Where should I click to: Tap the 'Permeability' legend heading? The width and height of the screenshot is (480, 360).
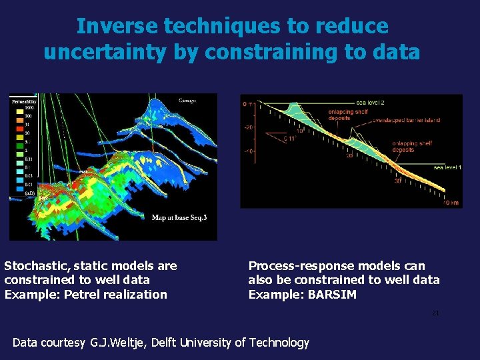[x=22, y=101]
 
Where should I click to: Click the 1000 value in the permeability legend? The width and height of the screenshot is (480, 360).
[x=29, y=107]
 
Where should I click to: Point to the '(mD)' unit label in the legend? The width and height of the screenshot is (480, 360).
[x=29, y=193]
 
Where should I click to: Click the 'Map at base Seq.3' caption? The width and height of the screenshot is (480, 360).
[x=179, y=217]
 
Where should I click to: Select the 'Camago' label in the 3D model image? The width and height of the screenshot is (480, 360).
[x=187, y=101]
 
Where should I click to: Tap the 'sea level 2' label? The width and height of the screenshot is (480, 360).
[x=370, y=102]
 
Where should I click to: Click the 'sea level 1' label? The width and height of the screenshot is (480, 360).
[x=447, y=167]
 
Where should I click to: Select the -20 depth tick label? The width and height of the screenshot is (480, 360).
[x=249, y=127]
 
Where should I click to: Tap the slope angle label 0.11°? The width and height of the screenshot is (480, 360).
[x=289, y=139]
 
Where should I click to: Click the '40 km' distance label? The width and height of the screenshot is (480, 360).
[x=451, y=203]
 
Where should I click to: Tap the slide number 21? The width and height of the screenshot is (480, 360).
[x=435, y=313]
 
